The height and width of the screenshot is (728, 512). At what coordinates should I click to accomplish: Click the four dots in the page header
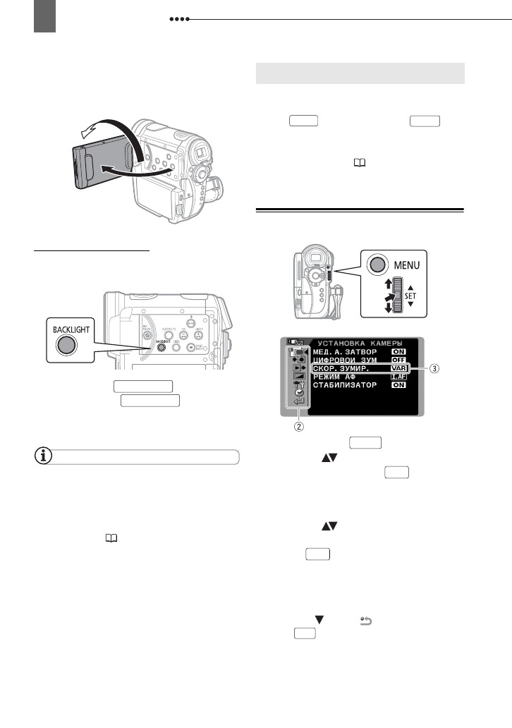179,20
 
